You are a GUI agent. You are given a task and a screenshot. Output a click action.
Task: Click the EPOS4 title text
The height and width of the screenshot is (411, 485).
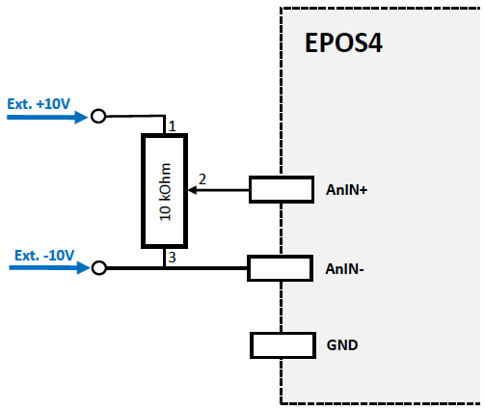tap(343, 44)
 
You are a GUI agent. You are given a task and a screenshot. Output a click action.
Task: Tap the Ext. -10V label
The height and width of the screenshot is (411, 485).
tap(44, 256)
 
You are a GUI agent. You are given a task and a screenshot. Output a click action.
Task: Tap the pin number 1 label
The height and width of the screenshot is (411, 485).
tap(172, 126)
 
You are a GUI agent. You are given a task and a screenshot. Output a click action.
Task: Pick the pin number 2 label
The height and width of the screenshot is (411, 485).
tap(202, 179)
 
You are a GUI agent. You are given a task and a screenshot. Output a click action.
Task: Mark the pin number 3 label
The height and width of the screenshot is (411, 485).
tap(172, 257)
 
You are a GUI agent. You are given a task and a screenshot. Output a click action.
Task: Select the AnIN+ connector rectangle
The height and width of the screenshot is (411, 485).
tap(280, 190)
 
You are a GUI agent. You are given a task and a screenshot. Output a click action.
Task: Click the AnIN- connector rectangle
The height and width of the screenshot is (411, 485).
tap(280, 267)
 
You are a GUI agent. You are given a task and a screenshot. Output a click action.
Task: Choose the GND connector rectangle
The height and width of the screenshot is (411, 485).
tap(280, 344)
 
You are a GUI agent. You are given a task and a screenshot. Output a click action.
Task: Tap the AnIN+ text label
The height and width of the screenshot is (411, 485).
tap(347, 191)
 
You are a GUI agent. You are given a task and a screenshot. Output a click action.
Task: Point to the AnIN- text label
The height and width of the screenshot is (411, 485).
tap(346, 268)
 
